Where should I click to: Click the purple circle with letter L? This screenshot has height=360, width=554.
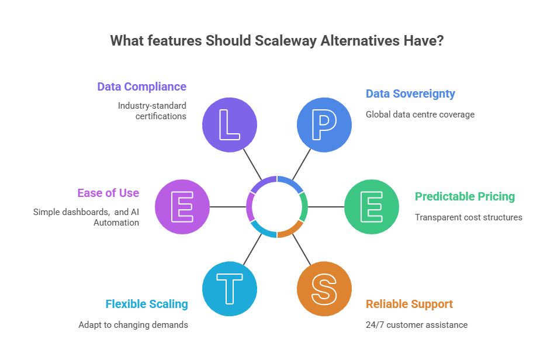(229, 124)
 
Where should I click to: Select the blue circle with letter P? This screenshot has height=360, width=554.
(324, 124)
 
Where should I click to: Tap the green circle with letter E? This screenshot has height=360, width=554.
(371, 206)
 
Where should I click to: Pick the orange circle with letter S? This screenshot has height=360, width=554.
(324, 288)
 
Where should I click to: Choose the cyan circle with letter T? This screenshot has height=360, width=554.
(229, 288)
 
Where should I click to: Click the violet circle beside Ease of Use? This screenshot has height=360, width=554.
(182, 206)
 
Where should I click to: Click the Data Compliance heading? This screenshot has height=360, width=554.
(141, 87)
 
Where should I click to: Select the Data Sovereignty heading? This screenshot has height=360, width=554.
(410, 94)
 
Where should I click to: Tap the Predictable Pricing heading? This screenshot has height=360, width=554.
(465, 196)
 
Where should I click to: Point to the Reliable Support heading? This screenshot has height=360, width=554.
(409, 304)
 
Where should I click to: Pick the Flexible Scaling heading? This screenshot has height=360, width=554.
(147, 304)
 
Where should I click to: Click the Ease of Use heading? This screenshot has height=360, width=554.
(108, 193)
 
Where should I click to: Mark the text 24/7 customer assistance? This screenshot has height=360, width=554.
(417, 324)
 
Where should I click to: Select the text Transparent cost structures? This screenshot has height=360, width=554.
(468, 217)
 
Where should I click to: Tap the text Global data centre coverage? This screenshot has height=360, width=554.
(420, 115)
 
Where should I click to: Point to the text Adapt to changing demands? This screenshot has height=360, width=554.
(133, 324)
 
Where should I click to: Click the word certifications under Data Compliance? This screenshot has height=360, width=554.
(162, 116)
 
